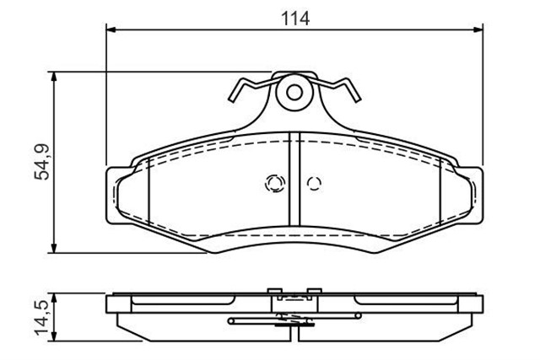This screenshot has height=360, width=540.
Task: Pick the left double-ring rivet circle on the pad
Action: tap(273, 182)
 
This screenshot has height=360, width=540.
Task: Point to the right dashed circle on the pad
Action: tap(314, 183)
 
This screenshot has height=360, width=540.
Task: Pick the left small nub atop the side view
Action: tap(273, 293)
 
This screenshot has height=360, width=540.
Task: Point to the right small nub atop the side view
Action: tap(316, 293)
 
